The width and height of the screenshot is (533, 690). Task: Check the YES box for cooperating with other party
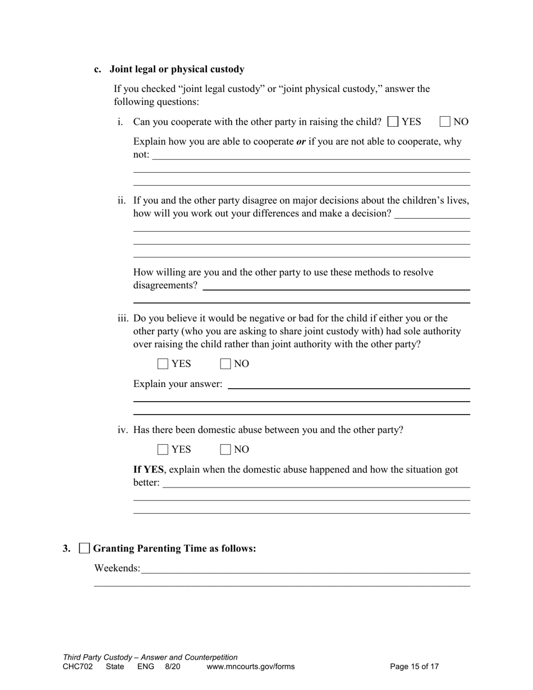(x=393, y=122)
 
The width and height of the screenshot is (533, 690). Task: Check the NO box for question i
(x=445, y=122)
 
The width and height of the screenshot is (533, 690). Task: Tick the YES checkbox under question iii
(x=163, y=364)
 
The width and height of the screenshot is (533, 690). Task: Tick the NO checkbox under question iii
(x=226, y=364)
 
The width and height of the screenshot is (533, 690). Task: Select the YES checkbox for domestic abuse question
(x=163, y=450)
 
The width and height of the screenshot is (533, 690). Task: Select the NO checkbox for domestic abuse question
(x=226, y=450)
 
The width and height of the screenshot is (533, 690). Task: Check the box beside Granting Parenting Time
(x=84, y=549)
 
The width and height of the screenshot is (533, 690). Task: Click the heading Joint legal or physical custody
(x=177, y=70)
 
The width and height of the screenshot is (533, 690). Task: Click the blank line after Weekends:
(x=305, y=570)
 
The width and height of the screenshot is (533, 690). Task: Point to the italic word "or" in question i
(x=301, y=141)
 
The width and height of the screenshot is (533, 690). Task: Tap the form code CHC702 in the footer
(x=78, y=667)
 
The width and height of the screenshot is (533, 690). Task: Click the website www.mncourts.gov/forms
(x=250, y=667)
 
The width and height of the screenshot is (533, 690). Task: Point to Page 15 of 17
(x=414, y=667)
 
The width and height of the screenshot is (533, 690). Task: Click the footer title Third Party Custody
(x=99, y=657)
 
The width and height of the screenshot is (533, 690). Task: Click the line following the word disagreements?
(x=336, y=287)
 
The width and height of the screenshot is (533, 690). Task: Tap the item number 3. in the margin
(x=67, y=549)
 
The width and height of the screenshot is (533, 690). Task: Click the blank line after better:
(x=316, y=484)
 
